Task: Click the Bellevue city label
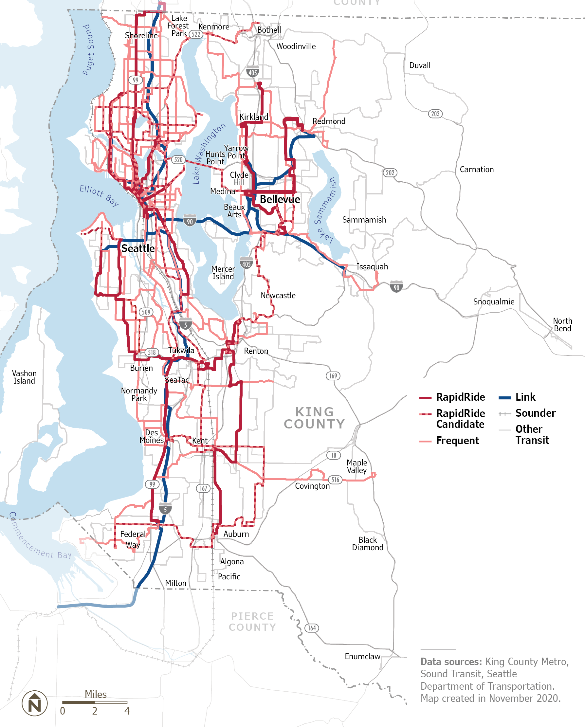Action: point(280,199)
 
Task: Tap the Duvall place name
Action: point(419,65)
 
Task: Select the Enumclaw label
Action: point(362,656)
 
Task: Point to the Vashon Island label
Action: point(24,377)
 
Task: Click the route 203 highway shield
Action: point(435,114)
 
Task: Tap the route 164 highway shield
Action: point(312,627)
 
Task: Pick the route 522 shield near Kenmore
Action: point(196,34)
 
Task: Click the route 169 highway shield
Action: point(333,376)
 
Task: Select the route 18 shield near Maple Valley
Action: point(333,455)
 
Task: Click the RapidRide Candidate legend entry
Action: point(460,418)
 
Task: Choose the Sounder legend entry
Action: point(535,413)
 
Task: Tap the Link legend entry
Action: point(525,397)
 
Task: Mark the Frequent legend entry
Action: point(457,440)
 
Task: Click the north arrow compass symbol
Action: point(35,703)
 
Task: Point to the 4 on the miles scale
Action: point(127,711)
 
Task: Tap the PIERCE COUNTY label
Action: point(252,622)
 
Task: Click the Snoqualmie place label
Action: point(493,301)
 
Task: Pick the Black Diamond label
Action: point(367,544)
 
